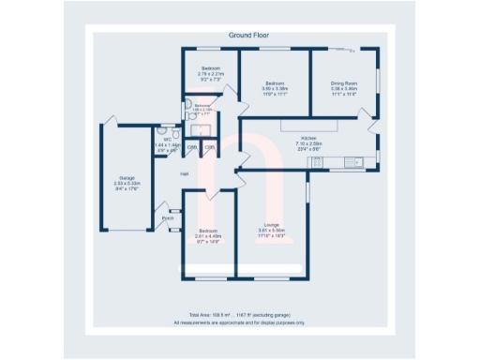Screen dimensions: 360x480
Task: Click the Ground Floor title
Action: click(x=240, y=35)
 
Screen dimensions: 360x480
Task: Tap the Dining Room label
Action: click(x=343, y=83)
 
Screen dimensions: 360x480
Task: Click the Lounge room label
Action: click(x=271, y=225)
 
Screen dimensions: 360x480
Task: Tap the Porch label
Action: click(x=168, y=218)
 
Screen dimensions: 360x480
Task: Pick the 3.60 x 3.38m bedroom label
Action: click(x=275, y=83)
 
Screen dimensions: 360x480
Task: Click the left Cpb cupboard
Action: click(x=191, y=147)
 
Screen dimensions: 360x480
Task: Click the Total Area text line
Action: click(x=240, y=315)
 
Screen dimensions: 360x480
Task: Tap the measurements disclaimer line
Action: click(x=240, y=322)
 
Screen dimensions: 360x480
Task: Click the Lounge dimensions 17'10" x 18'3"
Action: click(x=271, y=234)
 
